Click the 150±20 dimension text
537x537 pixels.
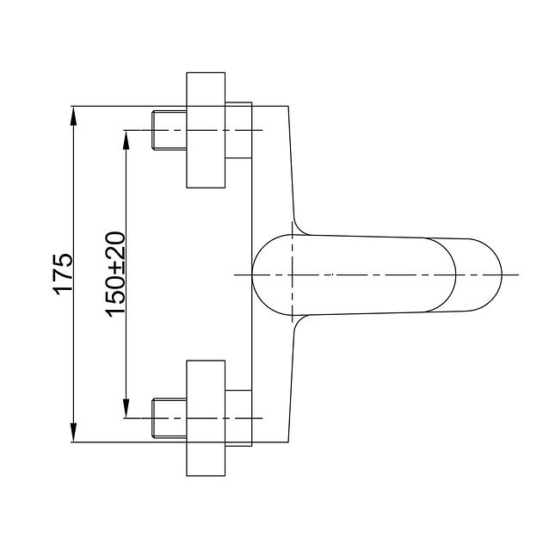click(115, 275)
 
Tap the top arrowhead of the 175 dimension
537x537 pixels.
click(73, 116)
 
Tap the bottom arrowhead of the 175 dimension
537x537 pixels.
click(73, 432)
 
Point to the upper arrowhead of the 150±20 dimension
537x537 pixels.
click(126, 140)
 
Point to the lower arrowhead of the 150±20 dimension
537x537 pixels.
click(126, 408)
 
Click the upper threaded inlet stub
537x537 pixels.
click(170, 130)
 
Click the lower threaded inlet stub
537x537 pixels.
click(170, 418)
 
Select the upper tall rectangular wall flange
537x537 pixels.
click(206, 130)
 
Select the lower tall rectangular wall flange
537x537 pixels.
click(206, 418)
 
